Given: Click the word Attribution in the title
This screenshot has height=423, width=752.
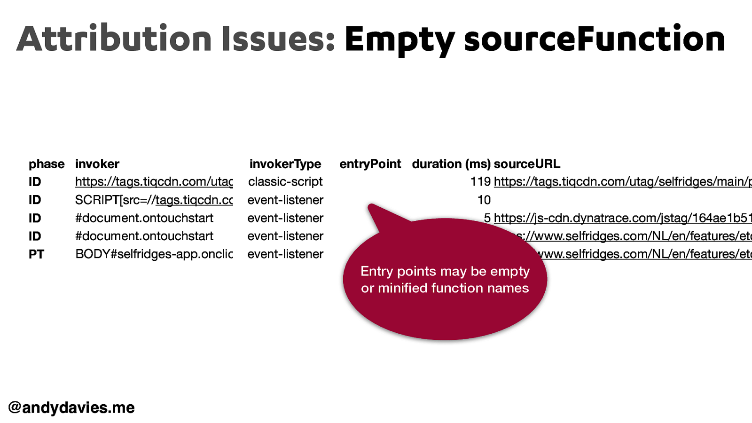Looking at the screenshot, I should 114,39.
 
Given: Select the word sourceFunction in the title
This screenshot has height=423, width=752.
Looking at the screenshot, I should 595,39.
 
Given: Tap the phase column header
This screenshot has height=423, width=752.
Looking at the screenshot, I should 47,164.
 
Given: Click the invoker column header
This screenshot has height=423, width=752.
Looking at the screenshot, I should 97,164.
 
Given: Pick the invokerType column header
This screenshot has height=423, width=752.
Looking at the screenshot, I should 285,164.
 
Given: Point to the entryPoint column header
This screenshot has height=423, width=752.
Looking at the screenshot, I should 370,164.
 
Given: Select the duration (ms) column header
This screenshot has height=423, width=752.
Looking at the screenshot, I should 451,164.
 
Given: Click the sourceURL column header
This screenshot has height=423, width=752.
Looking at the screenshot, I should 526,164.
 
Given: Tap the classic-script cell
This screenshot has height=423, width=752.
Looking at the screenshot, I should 285,182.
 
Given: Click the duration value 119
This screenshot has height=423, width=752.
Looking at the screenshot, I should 480,182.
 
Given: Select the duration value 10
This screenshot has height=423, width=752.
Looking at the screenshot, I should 484,200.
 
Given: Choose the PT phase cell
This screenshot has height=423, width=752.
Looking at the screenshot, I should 36,254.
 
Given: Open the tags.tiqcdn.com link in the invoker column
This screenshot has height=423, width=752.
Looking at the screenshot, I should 154,182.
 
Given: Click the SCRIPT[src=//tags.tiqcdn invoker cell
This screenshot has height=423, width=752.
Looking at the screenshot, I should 154,200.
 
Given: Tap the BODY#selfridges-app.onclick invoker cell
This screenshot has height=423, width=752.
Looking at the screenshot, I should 154,254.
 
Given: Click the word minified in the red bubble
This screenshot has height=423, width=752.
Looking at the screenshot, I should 403,288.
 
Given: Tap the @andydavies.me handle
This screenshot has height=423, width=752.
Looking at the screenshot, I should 71,407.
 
